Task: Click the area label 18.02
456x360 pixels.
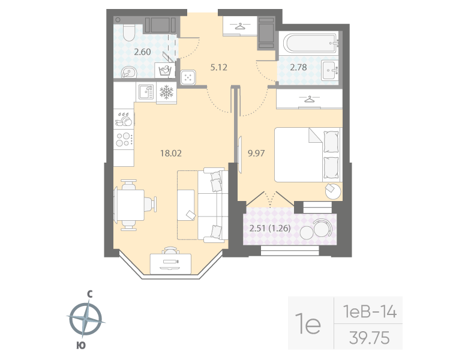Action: click(x=171, y=153)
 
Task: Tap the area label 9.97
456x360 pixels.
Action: click(x=256, y=153)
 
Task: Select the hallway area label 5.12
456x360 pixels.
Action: click(x=218, y=67)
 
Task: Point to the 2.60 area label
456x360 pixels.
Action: click(x=142, y=52)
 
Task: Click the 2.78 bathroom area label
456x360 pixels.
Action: click(x=298, y=67)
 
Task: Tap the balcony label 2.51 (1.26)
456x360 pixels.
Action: click(x=270, y=228)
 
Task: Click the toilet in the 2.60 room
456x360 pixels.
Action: click(x=128, y=32)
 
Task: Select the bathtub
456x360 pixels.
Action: click(x=310, y=43)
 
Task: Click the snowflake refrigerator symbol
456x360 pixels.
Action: click(x=166, y=92)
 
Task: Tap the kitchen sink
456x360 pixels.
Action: click(x=146, y=92)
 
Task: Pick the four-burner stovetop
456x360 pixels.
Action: click(x=124, y=139)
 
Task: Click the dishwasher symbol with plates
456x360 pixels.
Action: click(x=124, y=119)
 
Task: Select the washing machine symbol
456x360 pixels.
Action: click(x=165, y=70)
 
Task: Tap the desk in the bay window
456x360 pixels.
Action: click(x=171, y=263)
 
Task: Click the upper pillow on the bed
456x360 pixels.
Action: click(x=331, y=142)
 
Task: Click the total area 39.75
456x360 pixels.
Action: click(x=370, y=338)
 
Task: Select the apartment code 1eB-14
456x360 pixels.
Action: click(x=370, y=312)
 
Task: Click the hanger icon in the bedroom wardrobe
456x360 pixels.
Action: click(x=310, y=99)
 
